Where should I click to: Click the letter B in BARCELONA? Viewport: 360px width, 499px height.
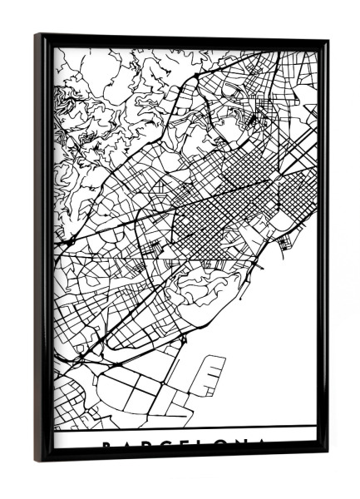tap(106, 445)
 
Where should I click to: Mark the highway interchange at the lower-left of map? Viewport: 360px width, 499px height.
tap(83, 358)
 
